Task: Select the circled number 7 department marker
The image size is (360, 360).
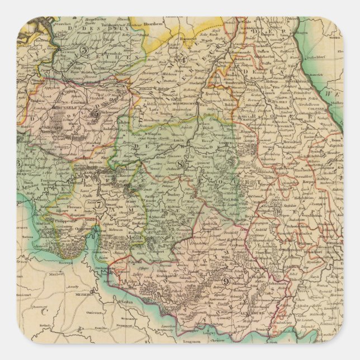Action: [x=98, y=204]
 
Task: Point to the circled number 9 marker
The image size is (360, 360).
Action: [x=226, y=282]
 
